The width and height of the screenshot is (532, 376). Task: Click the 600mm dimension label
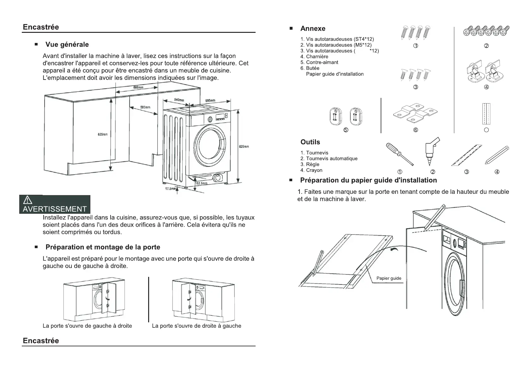pyautogui.click(x=138, y=87)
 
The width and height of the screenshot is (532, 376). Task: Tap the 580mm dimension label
pyautogui.click(x=145, y=107)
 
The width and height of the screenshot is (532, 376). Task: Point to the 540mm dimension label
pyautogui.click(x=179, y=100)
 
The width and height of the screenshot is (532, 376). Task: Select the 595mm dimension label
pyautogui.click(x=210, y=100)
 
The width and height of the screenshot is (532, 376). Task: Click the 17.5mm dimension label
pyautogui.click(x=170, y=189)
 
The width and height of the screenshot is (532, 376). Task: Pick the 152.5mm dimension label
pyautogui.click(x=201, y=183)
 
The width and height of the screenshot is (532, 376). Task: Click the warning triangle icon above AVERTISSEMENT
pyautogui.click(x=27, y=200)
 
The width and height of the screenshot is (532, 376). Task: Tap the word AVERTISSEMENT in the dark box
pyautogui.click(x=55, y=209)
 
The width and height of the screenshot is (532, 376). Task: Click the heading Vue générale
pyautogui.click(x=67, y=45)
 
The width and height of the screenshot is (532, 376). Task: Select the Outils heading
pyautogui.click(x=310, y=142)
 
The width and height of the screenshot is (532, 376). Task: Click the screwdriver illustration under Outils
pyautogui.click(x=399, y=154)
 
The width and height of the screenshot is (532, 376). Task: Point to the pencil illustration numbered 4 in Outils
pyautogui.click(x=497, y=155)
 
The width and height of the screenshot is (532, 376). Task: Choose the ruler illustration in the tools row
pyautogui.click(x=467, y=155)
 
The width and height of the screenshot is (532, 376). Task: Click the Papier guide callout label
pyautogui.click(x=389, y=278)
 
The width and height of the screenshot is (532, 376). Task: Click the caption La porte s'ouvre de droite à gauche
pyautogui.click(x=196, y=326)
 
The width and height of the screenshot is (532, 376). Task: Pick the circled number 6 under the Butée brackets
pyautogui.click(x=415, y=130)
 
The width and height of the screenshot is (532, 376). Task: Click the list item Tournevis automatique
pyautogui.click(x=332, y=158)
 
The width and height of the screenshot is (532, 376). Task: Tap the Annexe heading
pyautogui.click(x=313, y=29)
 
